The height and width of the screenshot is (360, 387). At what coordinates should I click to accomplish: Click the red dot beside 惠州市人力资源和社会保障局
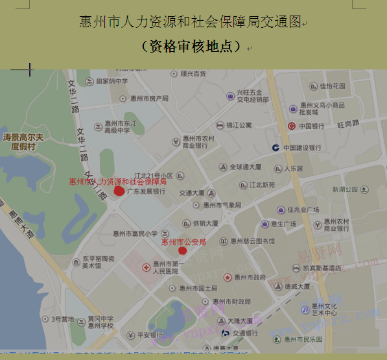(119, 191)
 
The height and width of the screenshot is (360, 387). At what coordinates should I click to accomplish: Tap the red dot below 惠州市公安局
(183, 250)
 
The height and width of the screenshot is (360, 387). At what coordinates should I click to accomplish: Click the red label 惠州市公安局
(183, 242)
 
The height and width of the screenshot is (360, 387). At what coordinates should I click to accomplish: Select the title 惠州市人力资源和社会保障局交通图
(191, 22)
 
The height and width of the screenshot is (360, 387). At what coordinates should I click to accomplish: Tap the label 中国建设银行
(301, 148)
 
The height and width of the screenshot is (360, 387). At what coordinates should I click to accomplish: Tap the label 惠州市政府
(250, 278)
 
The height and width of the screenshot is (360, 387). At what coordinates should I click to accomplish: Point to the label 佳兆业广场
(303, 210)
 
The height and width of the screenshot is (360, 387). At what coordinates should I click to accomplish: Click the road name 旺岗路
(347, 123)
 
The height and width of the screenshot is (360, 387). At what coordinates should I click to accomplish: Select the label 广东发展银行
(146, 192)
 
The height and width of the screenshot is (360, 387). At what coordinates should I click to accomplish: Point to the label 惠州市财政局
(231, 302)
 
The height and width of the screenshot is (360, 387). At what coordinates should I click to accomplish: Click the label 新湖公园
(344, 189)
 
